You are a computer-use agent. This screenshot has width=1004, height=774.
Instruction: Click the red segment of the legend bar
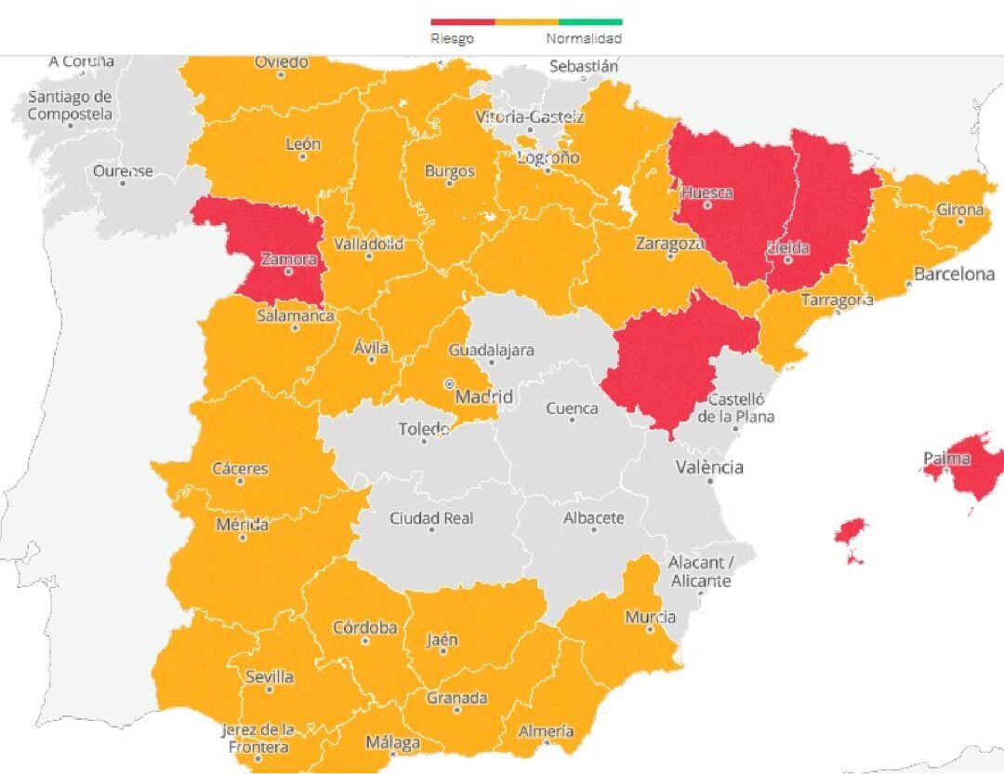click(x=462, y=21)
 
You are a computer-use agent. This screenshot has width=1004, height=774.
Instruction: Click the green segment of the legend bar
click(x=590, y=21)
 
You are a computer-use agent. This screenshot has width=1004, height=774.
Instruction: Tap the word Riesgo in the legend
click(x=452, y=39)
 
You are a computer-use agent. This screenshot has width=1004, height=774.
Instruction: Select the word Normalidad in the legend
click(x=584, y=39)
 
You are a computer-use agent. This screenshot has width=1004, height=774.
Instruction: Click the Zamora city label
click(x=288, y=260)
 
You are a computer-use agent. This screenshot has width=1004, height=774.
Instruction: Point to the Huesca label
click(x=707, y=193)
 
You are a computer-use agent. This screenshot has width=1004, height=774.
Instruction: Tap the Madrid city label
click(x=483, y=397)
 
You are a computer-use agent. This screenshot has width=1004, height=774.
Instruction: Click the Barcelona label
click(x=954, y=274)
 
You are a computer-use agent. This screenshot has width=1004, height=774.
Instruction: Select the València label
click(x=709, y=467)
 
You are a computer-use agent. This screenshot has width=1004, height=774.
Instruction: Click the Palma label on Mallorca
click(x=946, y=459)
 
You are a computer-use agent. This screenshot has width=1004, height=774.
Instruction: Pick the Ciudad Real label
click(x=431, y=518)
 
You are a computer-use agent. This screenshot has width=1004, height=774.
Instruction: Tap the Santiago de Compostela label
click(x=70, y=105)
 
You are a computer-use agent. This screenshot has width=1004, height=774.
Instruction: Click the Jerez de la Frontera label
click(x=258, y=738)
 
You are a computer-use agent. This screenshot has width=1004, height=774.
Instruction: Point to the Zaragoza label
click(x=670, y=244)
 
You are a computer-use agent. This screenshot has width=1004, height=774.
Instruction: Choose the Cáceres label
click(x=240, y=469)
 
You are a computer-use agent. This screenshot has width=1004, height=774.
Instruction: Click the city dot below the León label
click(x=303, y=157)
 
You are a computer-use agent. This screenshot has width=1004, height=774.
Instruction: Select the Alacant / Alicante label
click(x=700, y=572)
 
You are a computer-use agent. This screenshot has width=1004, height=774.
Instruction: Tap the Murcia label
click(x=650, y=618)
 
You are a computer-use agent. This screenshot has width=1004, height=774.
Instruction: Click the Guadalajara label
click(x=491, y=351)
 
